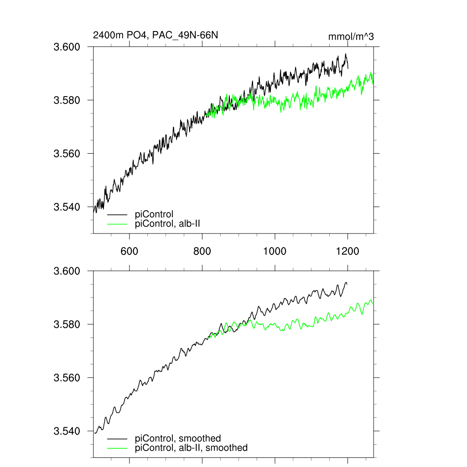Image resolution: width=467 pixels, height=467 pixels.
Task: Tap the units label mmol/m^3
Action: click(x=351, y=36)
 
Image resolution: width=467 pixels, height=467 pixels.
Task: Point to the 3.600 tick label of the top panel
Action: click(x=67, y=47)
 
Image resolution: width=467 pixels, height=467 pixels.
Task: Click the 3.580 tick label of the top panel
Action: click(x=67, y=100)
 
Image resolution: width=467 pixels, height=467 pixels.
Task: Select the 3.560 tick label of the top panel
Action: click(x=67, y=154)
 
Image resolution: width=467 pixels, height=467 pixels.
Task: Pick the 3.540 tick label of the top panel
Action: click(x=67, y=207)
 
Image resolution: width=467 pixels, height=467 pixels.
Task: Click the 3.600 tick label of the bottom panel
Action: click(x=67, y=271)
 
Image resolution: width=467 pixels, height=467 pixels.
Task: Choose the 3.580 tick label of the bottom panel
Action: click(x=67, y=325)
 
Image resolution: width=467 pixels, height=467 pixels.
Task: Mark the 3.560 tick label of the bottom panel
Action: click(x=67, y=378)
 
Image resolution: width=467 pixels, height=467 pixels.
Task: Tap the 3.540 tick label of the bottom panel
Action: click(x=67, y=431)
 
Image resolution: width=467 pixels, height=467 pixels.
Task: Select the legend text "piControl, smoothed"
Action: click(x=178, y=439)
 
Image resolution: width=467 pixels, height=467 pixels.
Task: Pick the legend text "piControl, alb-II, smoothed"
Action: click(x=192, y=448)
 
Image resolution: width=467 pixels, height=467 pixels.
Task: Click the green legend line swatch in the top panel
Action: click(x=117, y=223)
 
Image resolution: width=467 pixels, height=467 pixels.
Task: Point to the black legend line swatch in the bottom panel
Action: click(x=117, y=439)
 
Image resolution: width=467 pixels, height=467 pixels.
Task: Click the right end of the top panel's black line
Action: click(x=348, y=68)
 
